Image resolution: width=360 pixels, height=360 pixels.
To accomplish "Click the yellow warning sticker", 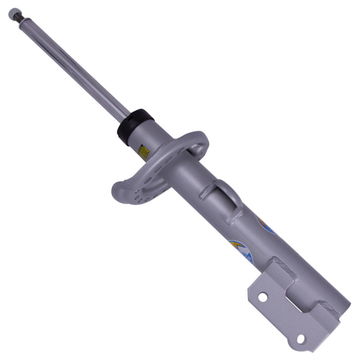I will pos(144,152).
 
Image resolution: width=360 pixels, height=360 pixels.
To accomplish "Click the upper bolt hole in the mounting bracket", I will pos(262,297).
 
